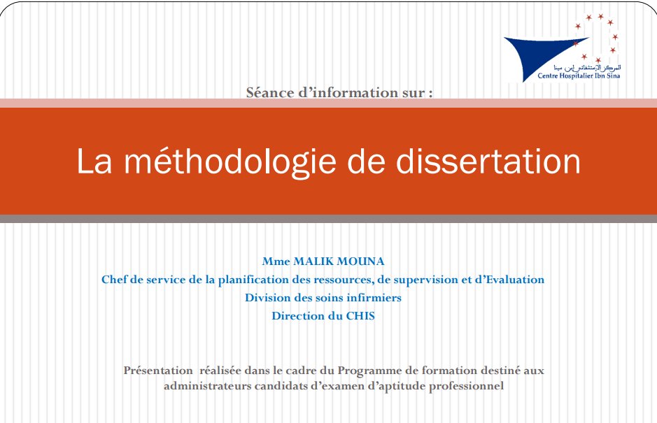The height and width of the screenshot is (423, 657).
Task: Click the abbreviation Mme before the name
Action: tap(275, 261)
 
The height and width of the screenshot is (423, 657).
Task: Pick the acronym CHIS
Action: tap(360, 316)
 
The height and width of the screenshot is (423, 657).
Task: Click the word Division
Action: tap(267, 298)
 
